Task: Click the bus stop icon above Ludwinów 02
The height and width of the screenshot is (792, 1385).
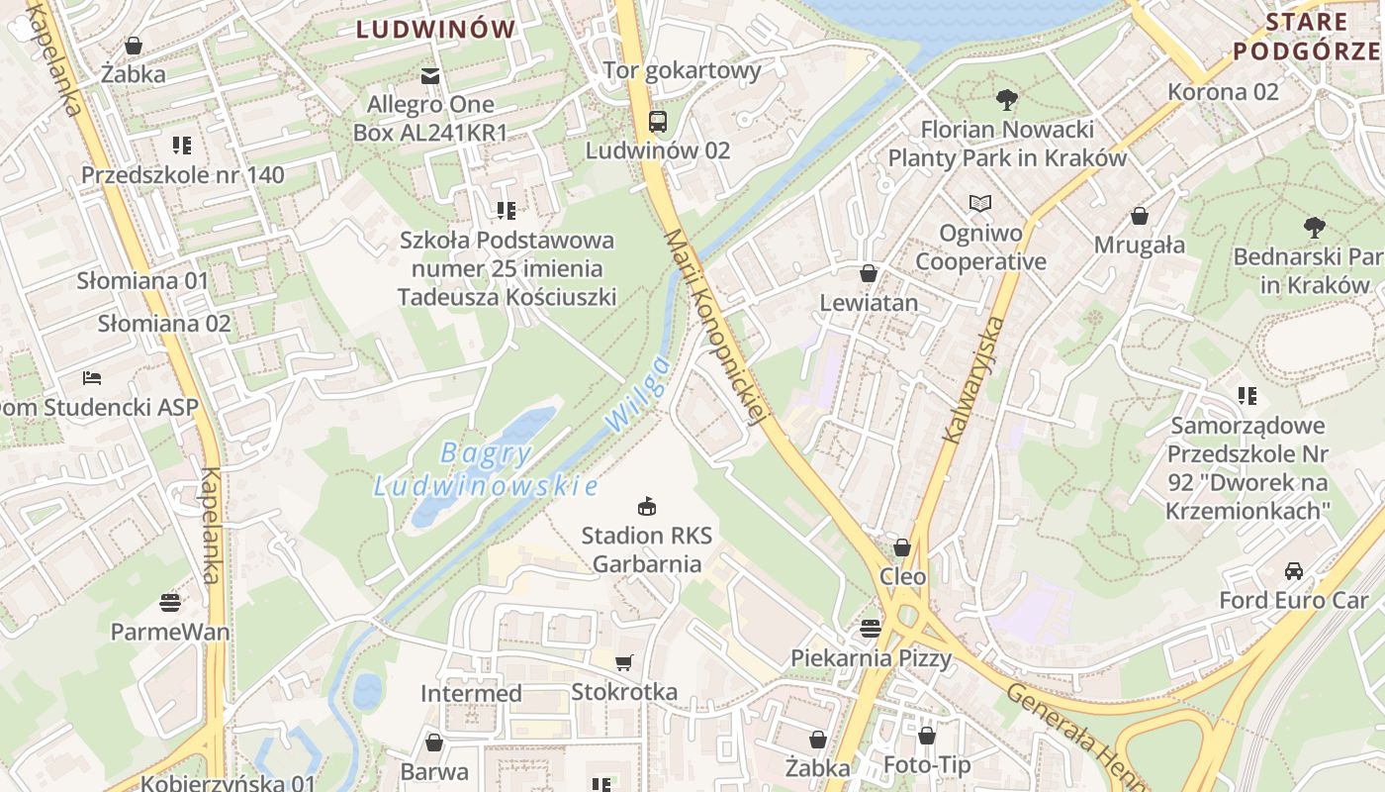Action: tap(657, 122)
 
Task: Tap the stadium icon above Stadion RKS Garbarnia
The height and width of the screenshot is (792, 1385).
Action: tap(647, 507)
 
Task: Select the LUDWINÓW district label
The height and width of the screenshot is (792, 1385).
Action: tap(436, 30)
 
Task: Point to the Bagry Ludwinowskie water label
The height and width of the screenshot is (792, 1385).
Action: tap(486, 470)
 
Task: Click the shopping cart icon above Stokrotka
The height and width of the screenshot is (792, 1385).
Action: tap(623, 662)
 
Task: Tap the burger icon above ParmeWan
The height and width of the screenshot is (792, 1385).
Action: tap(170, 602)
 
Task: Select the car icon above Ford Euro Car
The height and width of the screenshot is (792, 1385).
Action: tap(1293, 571)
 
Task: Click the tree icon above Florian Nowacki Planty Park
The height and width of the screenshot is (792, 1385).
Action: tap(1007, 99)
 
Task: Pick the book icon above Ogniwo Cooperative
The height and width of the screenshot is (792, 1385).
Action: tap(979, 204)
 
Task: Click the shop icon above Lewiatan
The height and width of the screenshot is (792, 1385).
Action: tap(869, 273)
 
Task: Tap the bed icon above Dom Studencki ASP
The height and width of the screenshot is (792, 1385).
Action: tap(92, 378)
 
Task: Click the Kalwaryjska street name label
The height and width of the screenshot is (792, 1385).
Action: tap(973, 379)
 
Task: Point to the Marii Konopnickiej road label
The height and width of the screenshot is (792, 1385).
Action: tap(716, 328)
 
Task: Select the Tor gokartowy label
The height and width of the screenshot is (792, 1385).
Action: tap(683, 70)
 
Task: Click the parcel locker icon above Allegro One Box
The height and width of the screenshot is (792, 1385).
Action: tap(430, 75)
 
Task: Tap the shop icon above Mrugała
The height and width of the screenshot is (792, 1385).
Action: tap(1140, 216)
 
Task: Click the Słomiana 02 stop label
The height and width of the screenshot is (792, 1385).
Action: tap(164, 324)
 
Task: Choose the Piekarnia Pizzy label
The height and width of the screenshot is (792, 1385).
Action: tap(871, 658)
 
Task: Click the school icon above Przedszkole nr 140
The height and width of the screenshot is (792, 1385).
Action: tap(182, 146)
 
